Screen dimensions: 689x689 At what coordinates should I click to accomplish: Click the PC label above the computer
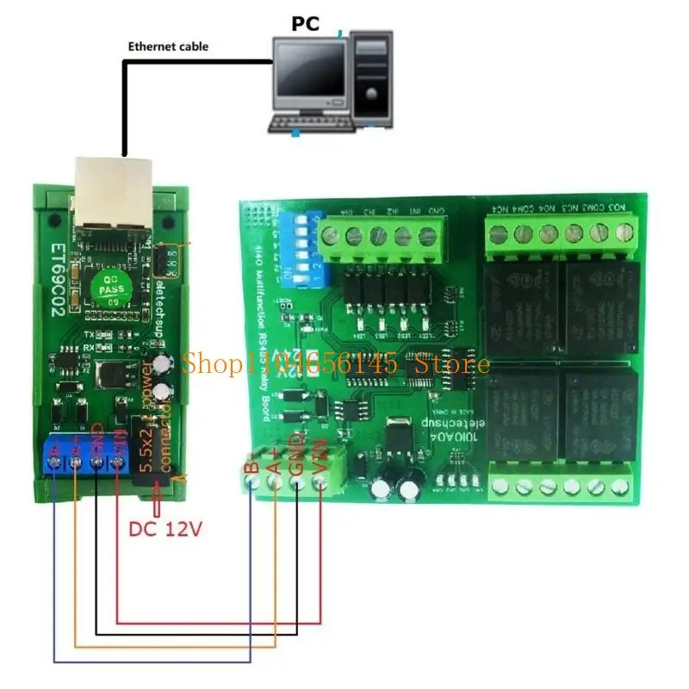point(306,23)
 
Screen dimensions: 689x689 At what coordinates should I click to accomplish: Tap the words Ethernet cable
point(168,47)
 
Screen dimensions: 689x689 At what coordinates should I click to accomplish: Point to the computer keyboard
point(311,121)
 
